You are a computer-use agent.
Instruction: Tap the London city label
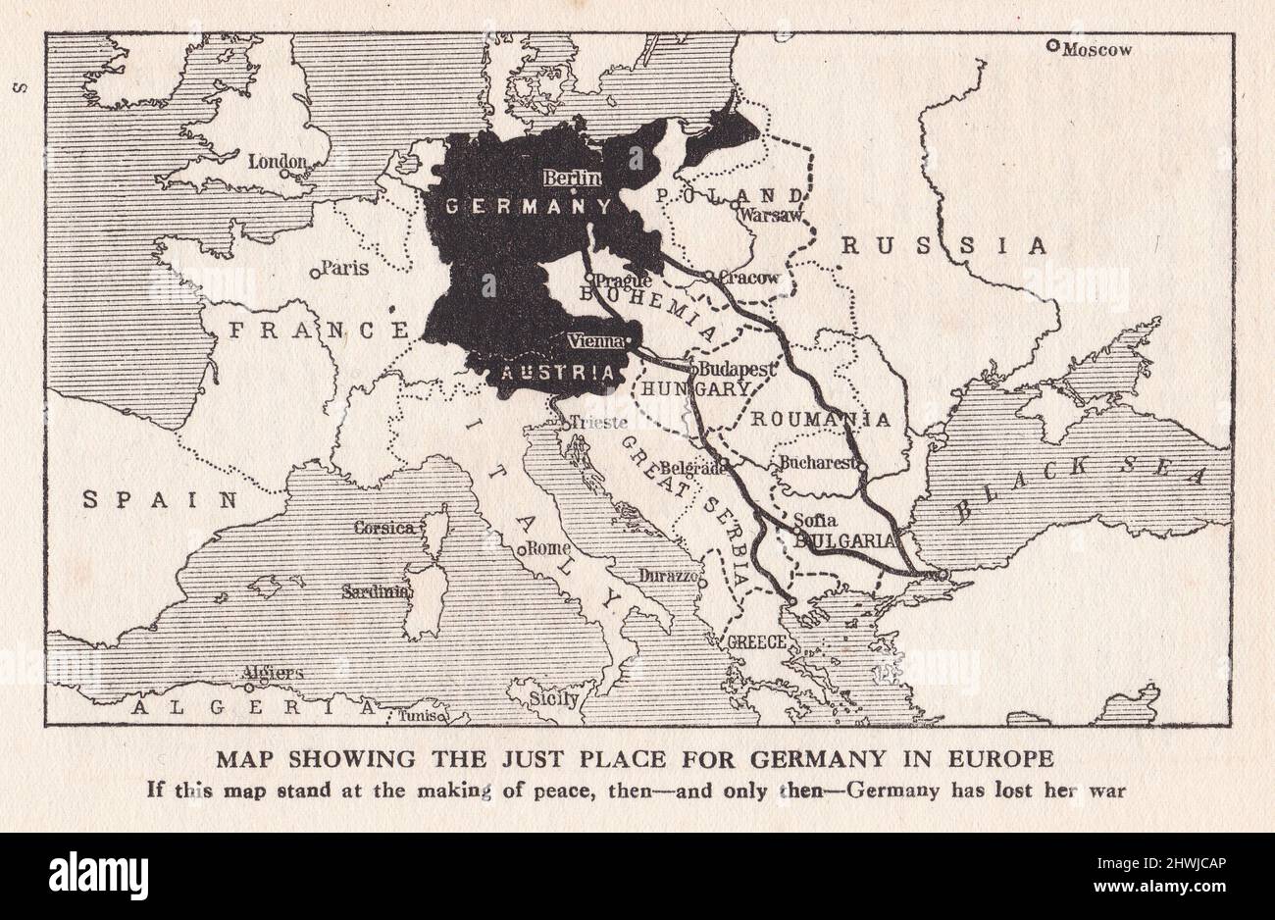(277, 162)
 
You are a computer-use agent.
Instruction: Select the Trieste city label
(598, 425)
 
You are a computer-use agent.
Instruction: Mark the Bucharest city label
(820, 463)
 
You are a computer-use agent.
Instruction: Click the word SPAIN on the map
(161, 499)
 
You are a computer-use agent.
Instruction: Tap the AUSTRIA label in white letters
(558, 373)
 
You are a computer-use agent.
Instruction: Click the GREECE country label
(756, 642)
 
